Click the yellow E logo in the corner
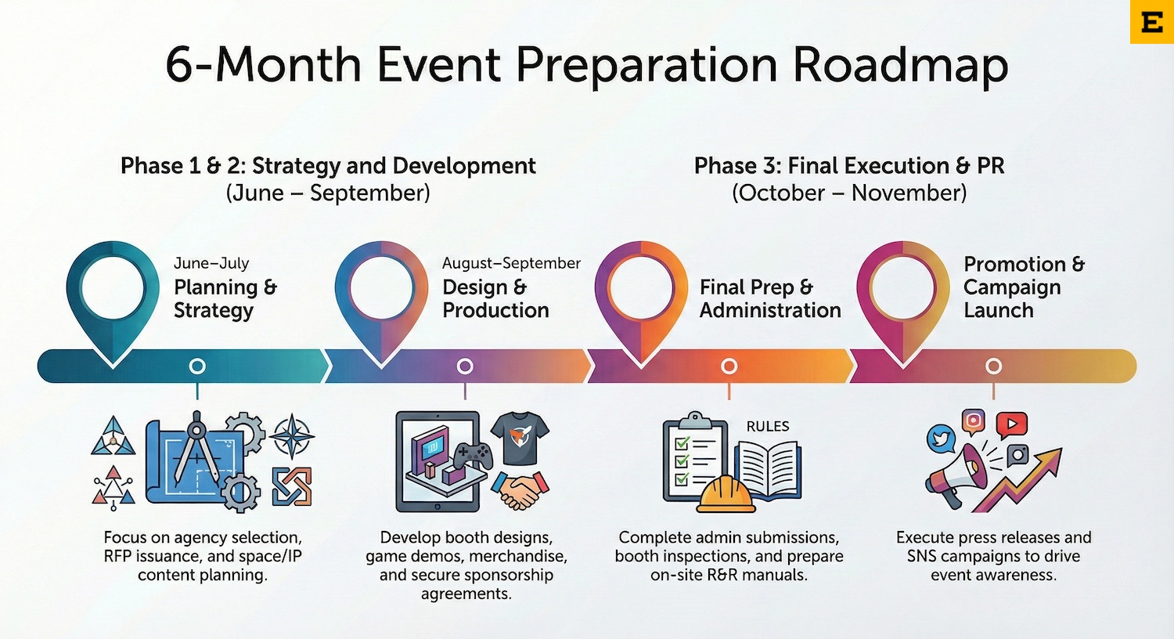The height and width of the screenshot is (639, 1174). coord(1151,22)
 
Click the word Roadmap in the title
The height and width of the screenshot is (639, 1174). coord(900,64)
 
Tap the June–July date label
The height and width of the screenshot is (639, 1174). coord(211,263)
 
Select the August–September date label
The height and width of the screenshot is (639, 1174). coord(511,263)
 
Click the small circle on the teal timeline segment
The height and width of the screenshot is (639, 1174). coord(197,366)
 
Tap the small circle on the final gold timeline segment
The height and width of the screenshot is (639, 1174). coord(993,366)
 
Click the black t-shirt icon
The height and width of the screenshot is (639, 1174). coord(520,439)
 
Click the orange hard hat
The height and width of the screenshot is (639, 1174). coord(726,493)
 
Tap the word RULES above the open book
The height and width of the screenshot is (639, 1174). coord(767,426)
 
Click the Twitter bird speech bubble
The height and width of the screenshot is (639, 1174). coord(941,439)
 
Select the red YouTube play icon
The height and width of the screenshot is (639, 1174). coord(1010,424)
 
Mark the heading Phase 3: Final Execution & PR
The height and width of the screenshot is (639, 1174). coord(848,166)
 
